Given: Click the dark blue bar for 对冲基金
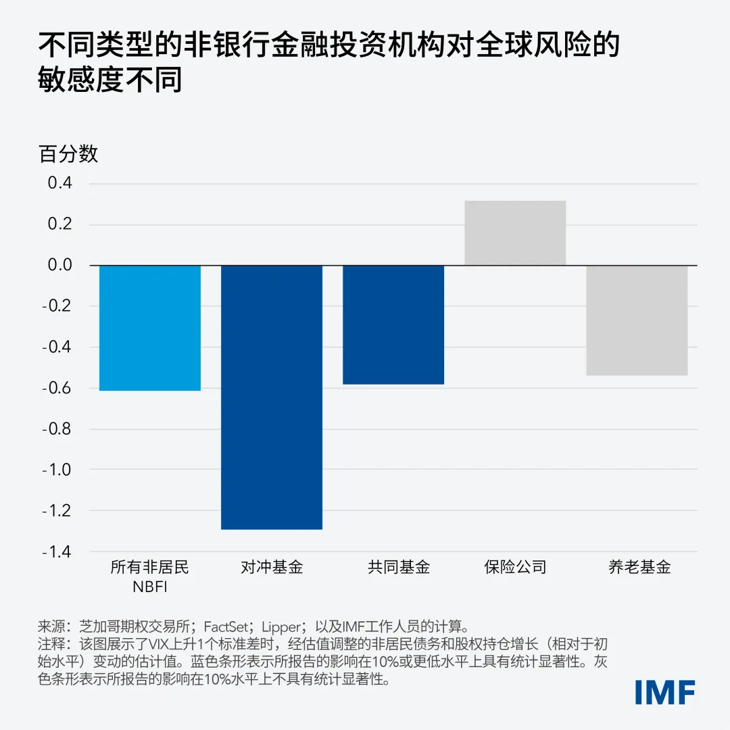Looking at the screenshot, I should pyautogui.click(x=272, y=397).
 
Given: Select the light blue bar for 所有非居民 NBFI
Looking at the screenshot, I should pyautogui.click(x=150, y=328).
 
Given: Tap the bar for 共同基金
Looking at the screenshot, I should pyautogui.click(x=393, y=324).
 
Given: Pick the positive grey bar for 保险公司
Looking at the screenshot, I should pyautogui.click(x=515, y=233).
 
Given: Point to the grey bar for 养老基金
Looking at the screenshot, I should pyautogui.click(x=637, y=320).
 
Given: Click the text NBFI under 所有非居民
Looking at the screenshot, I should pyautogui.click(x=150, y=586).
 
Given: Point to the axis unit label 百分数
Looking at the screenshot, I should pyautogui.click(x=68, y=154).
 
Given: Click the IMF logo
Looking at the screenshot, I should pyautogui.click(x=665, y=691).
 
